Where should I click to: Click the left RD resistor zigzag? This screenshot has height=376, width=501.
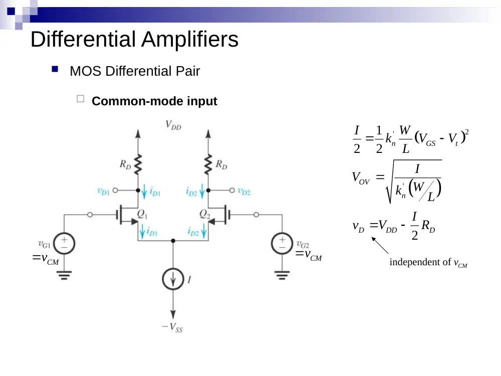tap(138, 164)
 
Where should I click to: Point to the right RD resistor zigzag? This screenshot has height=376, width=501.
tap(208, 164)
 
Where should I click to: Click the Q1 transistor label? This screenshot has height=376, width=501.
tap(142, 214)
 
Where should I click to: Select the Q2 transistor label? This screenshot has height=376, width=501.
tap(205, 214)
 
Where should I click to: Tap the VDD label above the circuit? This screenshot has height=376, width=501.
tap(173, 125)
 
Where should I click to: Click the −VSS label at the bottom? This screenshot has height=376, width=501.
tap(172, 327)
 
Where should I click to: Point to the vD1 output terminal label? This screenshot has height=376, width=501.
tap(103, 192)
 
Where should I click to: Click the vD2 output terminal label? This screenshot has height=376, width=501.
tap(244, 192)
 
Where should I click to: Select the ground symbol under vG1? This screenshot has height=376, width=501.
tap(64, 275)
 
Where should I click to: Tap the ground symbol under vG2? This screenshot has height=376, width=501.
tap(282, 275)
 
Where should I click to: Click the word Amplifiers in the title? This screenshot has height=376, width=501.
tap(190, 39)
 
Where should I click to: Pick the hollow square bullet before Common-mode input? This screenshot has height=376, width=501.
tap(81, 99)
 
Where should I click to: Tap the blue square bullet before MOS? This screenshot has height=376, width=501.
tap(55, 69)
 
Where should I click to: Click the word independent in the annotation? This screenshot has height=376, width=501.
tap(411, 262)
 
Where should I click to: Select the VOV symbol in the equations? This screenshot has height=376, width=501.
tap(361, 178)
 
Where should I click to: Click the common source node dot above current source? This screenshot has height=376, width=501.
tap(173, 241)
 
